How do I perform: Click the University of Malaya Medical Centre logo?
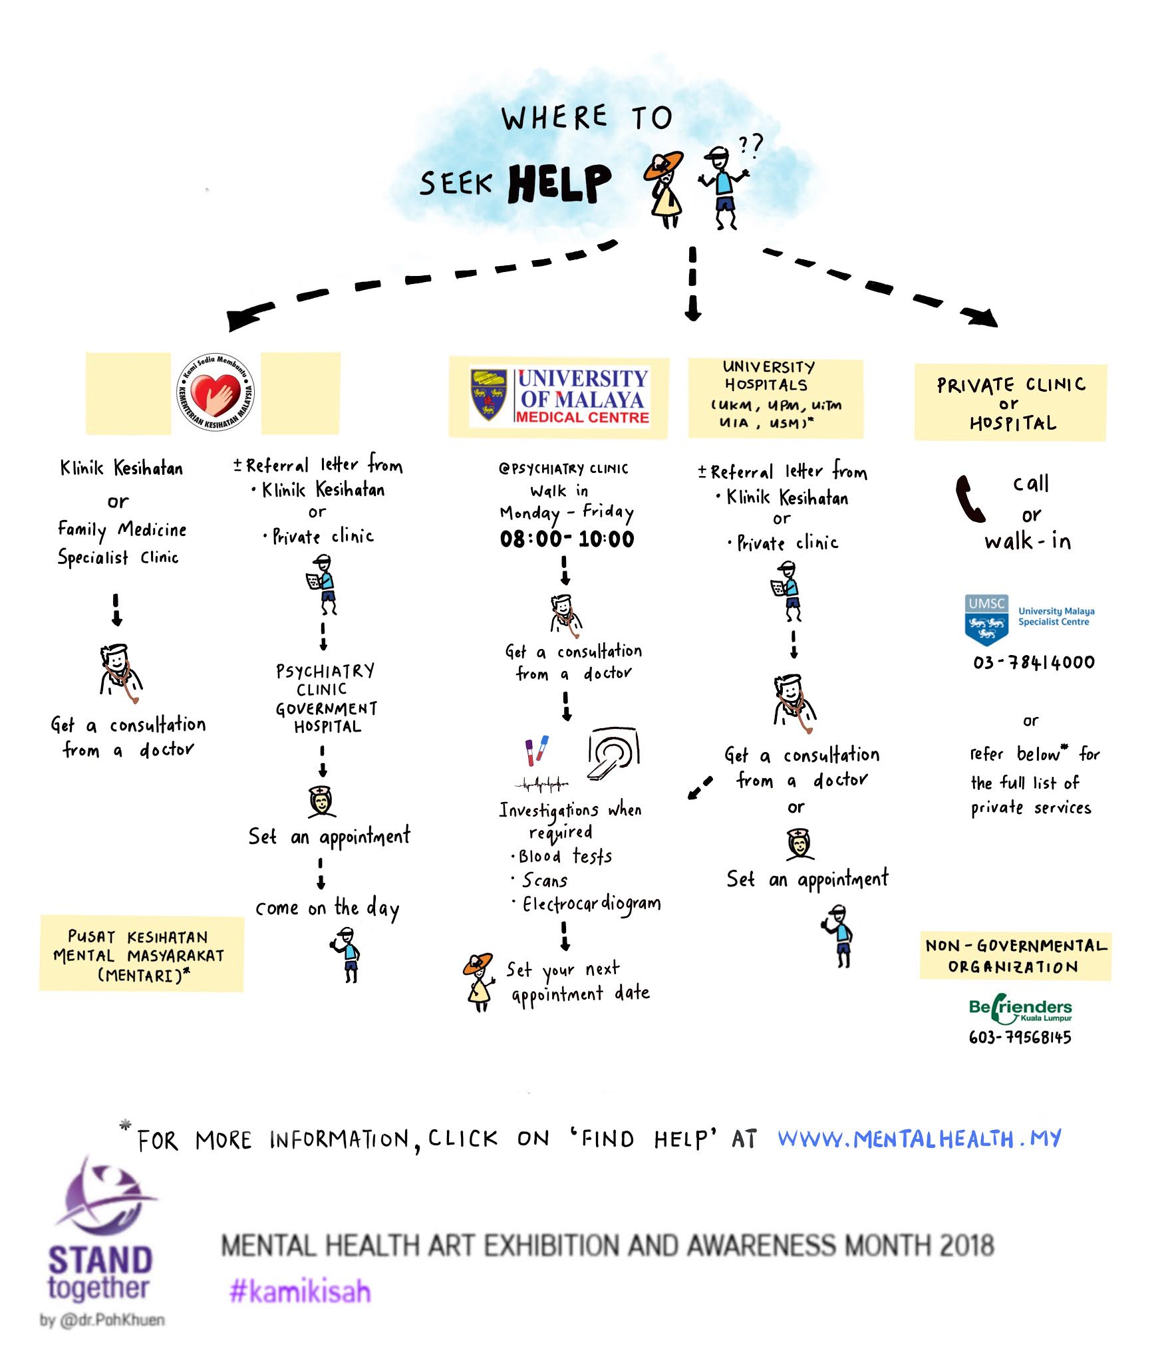[559, 396]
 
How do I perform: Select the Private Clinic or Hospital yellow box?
[1010, 402]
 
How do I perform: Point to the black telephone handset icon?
[970, 498]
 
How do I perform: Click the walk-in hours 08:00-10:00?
[567, 539]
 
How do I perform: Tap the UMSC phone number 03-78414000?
[1034, 662]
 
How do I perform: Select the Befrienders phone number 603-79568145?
[1020, 1037]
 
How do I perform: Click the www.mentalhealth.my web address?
[919, 1140]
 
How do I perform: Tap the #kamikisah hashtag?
[300, 1292]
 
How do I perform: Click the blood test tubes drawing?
[537, 749]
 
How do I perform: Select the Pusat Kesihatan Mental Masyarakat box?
[141, 955]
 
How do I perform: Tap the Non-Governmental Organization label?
[1015, 956]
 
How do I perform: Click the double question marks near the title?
[751, 146]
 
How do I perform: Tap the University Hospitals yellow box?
[775, 398]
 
